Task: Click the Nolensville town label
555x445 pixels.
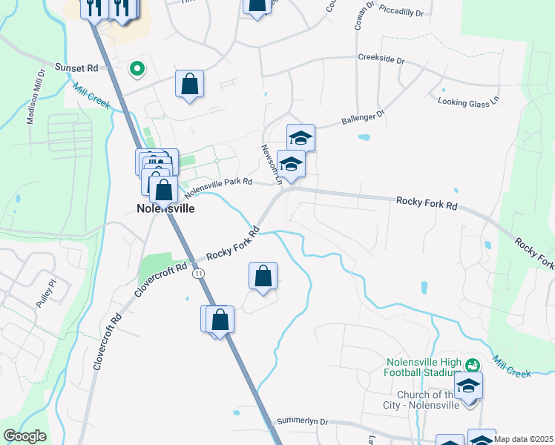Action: (x=165, y=208)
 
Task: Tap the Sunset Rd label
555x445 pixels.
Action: (x=77, y=67)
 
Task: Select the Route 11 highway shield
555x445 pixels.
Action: (x=198, y=274)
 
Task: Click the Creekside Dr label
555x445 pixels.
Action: (x=381, y=59)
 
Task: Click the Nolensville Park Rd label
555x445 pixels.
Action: (x=219, y=186)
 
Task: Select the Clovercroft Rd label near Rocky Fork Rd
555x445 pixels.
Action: (x=161, y=277)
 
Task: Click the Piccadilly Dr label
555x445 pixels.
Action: (x=401, y=13)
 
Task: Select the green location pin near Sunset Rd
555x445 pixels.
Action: (x=137, y=69)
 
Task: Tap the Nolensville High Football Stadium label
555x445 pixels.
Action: (x=424, y=369)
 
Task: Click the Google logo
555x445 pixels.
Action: (x=24, y=436)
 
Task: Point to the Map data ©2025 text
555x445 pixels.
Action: (x=524, y=439)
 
